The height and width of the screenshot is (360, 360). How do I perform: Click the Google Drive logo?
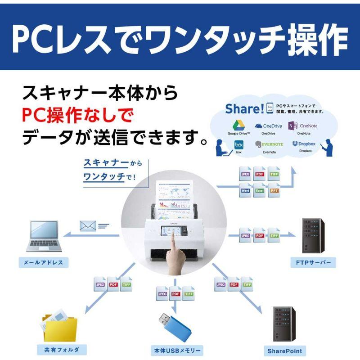tap(238, 125)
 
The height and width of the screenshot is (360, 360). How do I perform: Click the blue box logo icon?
tap(238, 145)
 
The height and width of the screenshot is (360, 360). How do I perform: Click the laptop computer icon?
tap(43, 237)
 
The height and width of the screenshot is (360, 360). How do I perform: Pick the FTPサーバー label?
tap(313, 262)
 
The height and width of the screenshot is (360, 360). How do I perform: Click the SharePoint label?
tap(284, 351)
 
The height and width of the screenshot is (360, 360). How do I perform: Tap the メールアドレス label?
tap(44, 262)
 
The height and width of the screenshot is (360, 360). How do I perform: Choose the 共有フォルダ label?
tap(59, 349)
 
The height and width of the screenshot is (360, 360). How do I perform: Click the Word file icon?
tap(245, 190)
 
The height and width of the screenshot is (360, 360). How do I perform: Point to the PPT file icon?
tap(274, 190)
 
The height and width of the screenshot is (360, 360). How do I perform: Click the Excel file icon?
tap(260, 190)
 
